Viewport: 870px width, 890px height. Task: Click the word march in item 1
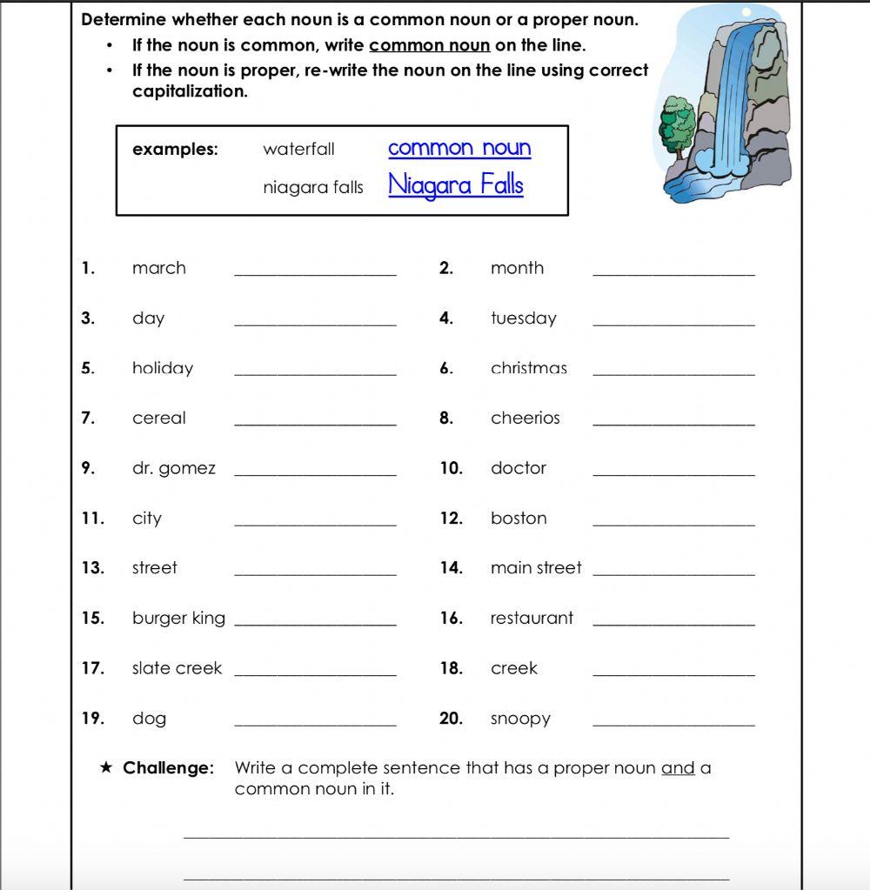click(158, 268)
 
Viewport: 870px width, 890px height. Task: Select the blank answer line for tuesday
click(673, 323)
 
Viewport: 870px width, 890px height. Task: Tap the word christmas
click(528, 368)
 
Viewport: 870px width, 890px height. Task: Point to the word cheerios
click(525, 418)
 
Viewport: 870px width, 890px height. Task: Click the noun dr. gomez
click(173, 468)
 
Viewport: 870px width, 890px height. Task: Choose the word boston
click(519, 519)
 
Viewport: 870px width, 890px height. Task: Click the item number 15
click(92, 619)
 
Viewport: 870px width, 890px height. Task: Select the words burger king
click(178, 619)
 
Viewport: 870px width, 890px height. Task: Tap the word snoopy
click(520, 719)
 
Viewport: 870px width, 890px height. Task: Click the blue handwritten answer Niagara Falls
click(456, 184)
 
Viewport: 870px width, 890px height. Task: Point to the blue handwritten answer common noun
click(459, 148)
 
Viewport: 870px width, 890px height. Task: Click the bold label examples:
click(175, 150)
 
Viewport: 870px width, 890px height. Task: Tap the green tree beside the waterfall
click(678, 126)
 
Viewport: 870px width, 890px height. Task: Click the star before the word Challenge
click(106, 768)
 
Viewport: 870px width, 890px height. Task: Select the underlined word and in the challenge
click(678, 768)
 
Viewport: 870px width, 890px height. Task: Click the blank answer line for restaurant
click(673, 623)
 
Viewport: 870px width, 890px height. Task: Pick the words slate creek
click(177, 668)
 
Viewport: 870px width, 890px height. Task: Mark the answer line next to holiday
click(315, 373)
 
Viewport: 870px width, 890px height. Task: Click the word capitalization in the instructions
click(190, 91)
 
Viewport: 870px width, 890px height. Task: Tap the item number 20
click(451, 719)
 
